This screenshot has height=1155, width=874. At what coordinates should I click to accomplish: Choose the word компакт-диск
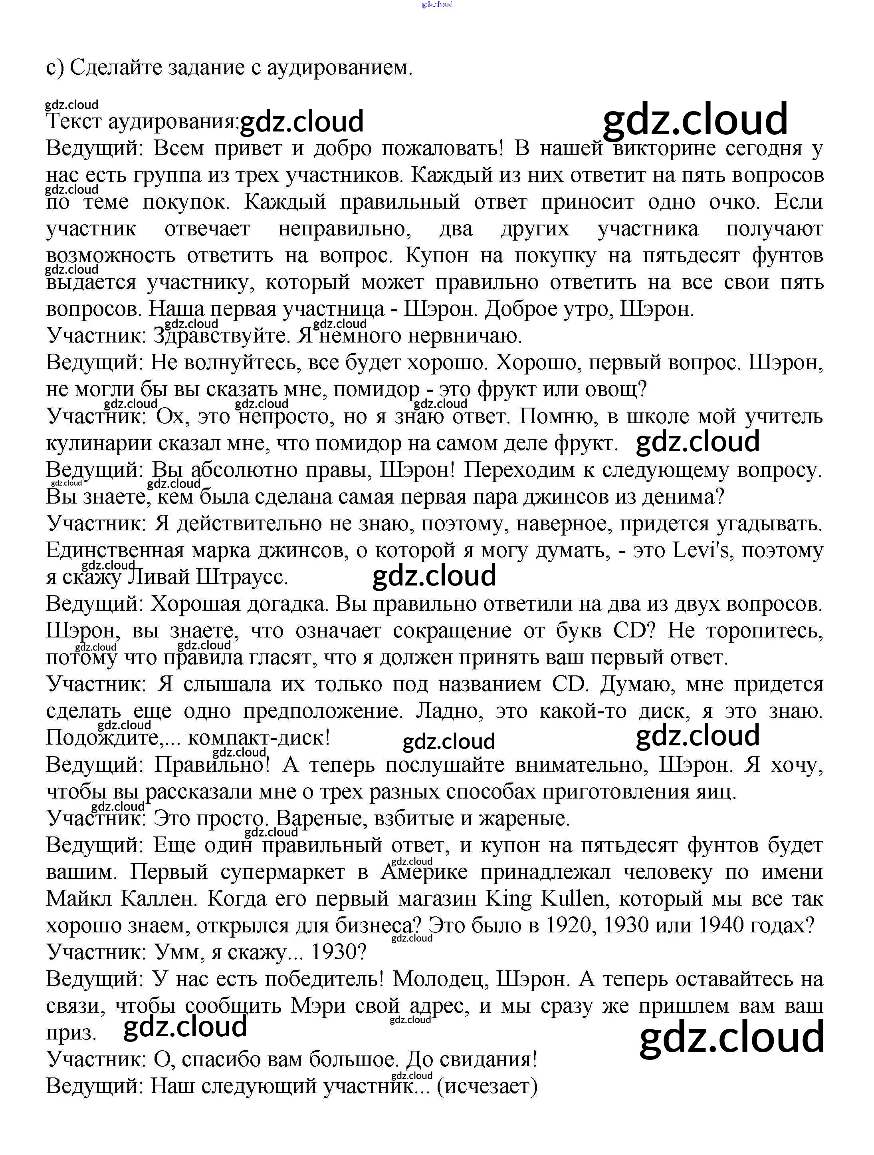(x=258, y=738)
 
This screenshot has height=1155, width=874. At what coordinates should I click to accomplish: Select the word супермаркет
(x=282, y=872)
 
